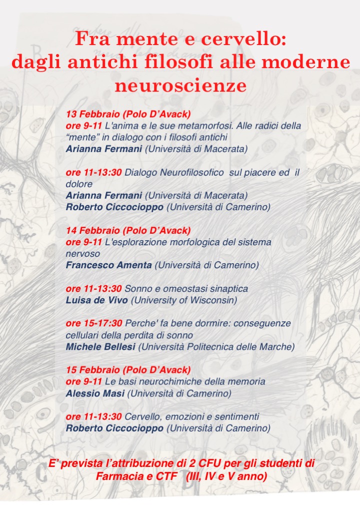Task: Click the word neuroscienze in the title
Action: tap(180, 86)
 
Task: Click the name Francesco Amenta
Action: tap(108, 265)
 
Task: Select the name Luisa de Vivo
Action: tap(93, 300)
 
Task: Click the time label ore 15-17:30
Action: tap(94, 323)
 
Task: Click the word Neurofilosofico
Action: tap(191, 172)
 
